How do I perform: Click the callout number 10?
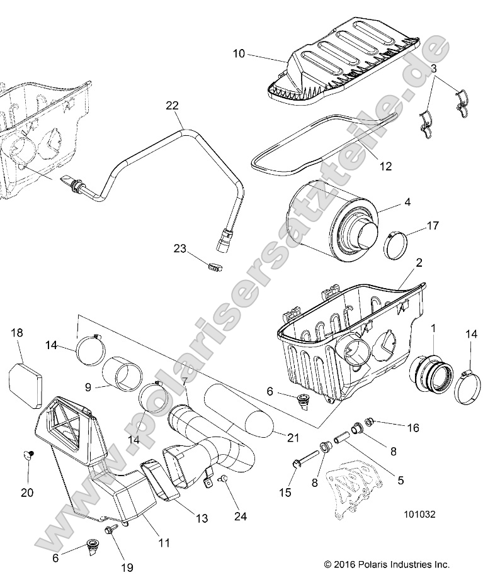[239, 54]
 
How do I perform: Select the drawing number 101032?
[420, 513]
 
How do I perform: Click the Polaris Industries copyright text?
[387, 564]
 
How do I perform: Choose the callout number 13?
[201, 518]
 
